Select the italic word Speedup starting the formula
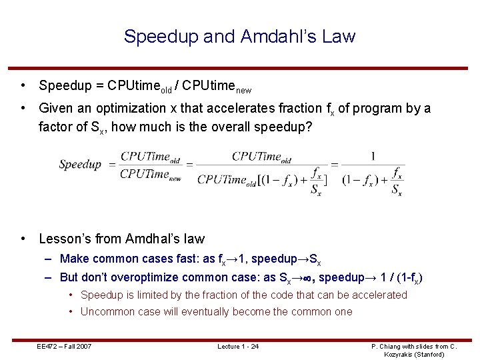point(80,164)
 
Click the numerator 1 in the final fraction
point(372,157)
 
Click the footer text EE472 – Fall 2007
point(64,346)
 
